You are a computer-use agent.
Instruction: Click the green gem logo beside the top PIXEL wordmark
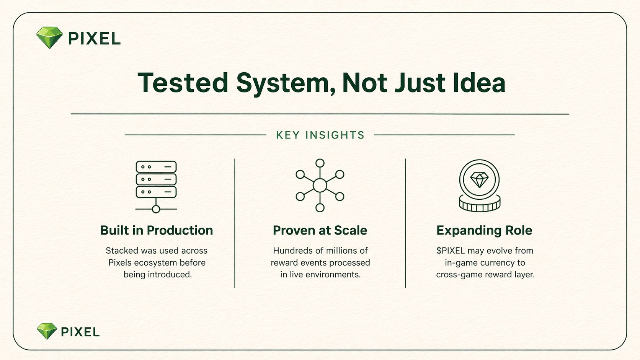tap(49, 37)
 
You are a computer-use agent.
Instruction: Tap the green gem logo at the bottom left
tap(47, 331)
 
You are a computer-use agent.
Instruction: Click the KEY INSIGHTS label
tap(320, 135)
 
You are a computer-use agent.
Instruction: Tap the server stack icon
tap(156, 187)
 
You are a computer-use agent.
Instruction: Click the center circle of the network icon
tap(320, 186)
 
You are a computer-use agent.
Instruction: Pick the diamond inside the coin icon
tap(480, 179)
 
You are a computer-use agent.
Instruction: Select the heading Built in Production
tap(157, 230)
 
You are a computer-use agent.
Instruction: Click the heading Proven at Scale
tap(320, 230)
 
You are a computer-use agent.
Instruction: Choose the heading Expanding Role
tap(484, 231)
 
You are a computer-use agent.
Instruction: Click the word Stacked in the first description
tap(122, 250)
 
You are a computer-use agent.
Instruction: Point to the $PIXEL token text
tap(451, 250)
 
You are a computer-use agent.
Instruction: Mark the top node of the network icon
tap(320, 163)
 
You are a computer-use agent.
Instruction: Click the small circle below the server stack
tap(156, 209)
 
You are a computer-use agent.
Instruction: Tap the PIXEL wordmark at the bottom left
tap(80, 332)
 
